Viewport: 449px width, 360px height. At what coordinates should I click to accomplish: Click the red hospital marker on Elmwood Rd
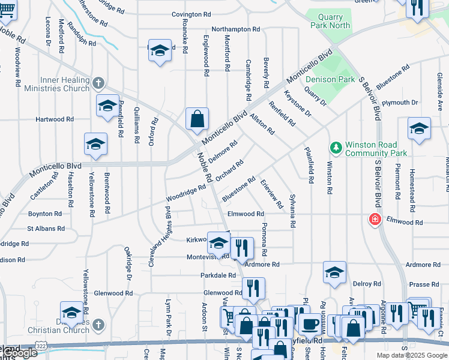coord(375,220)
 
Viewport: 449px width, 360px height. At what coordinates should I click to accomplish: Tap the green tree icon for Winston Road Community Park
coord(336,147)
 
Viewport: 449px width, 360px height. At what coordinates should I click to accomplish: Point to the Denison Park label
coord(330,79)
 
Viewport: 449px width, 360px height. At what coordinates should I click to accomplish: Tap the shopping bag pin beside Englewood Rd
coord(197,119)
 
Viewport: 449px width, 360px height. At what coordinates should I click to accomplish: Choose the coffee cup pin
coord(310,324)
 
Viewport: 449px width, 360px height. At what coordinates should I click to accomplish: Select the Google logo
coord(19,353)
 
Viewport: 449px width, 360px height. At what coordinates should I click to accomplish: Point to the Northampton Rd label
coord(235,29)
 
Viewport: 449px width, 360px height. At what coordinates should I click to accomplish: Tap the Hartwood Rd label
coord(54,119)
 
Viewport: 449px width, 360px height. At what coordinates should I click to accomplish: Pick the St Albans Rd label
coord(46,229)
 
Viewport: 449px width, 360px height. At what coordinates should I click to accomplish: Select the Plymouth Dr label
coord(397,103)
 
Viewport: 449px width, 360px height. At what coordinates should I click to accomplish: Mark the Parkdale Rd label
coord(218,275)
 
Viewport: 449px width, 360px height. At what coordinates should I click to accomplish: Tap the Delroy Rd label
coord(367,284)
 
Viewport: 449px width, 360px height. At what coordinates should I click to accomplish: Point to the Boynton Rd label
coord(45,214)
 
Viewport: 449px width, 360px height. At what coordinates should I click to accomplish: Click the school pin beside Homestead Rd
coord(419,128)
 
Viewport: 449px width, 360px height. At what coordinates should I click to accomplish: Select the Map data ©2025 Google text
coord(412,355)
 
